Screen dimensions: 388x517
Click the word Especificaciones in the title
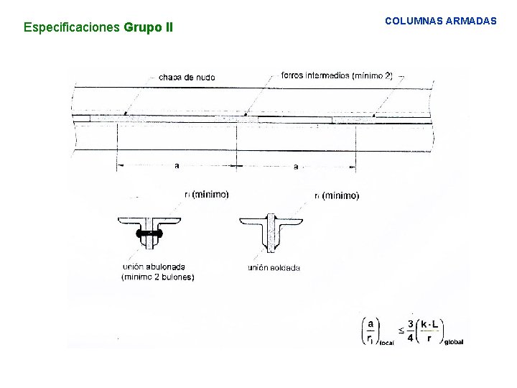coord(73,29)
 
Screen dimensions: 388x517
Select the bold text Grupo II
coord(149,29)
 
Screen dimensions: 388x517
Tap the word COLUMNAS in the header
coord(412,22)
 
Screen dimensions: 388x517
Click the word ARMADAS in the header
coord(470,22)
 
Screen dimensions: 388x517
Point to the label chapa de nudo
coord(187,77)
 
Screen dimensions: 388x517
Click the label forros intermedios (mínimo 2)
coord(337,75)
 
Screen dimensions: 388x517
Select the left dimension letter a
coord(177,166)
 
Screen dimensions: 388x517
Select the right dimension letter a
coord(296,167)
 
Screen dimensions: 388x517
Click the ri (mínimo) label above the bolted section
coord(207,194)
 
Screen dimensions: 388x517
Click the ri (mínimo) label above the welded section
coord(337,195)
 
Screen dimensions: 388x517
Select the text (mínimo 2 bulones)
coord(158,277)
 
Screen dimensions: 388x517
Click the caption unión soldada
coord(274,268)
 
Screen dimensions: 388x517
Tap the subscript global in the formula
coord(454,342)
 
